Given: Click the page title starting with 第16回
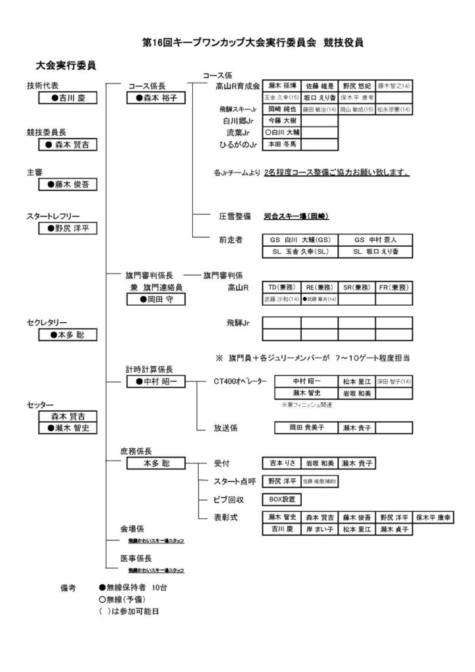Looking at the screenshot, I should pos(253,43).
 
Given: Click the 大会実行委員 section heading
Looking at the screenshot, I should pos(66,66).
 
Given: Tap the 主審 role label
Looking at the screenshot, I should pos(35,172).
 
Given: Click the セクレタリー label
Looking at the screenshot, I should pos(47,322).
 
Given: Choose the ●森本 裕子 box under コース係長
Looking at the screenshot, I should pos(155,98).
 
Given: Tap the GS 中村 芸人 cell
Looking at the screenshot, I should pos(375,240).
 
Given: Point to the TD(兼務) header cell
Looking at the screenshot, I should pos(281,287).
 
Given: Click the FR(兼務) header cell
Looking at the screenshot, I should pos(394,287).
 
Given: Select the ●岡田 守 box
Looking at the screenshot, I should pos(155,299).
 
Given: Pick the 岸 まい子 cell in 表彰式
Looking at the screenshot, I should pos(320,528).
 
